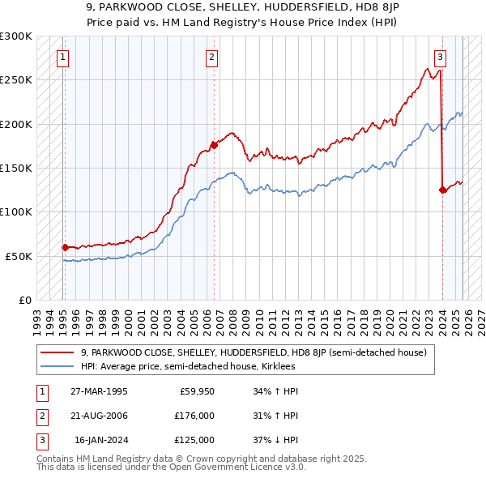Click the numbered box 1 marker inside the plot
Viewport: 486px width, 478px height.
pyautogui.click(x=63, y=57)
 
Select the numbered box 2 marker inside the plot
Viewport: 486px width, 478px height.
pyautogui.click(x=211, y=57)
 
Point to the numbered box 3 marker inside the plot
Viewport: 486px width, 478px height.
pyautogui.click(x=440, y=57)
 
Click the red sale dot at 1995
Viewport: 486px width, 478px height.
pyautogui.click(x=65, y=247)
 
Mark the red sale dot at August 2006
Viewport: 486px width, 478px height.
pyautogui.click(x=214, y=145)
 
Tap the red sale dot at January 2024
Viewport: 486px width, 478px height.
pyautogui.click(x=443, y=190)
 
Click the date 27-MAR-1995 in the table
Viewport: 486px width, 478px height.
pyautogui.click(x=99, y=391)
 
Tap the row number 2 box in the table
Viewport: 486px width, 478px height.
pyautogui.click(x=41, y=416)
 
